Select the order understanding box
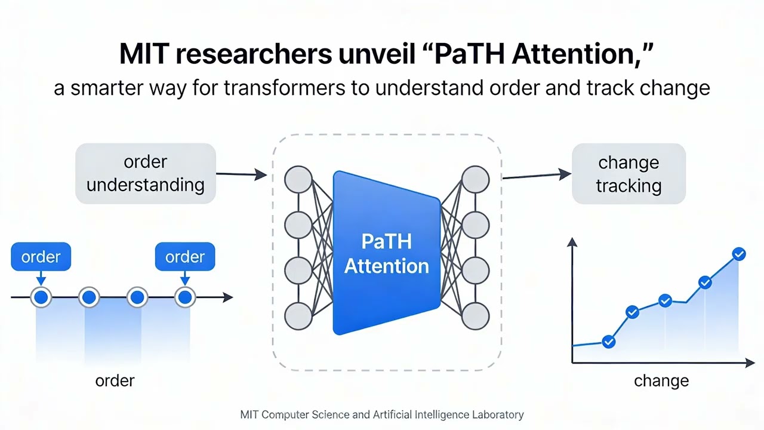click(x=145, y=173)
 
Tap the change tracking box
click(x=629, y=173)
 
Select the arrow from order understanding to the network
click(x=241, y=174)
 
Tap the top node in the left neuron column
click(x=298, y=180)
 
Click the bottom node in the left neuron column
click(x=298, y=316)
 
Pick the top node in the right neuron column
click(x=476, y=180)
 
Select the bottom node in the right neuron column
click(x=476, y=316)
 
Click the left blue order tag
click(x=41, y=257)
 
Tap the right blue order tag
click(x=184, y=257)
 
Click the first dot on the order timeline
click(x=41, y=297)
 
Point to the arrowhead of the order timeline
click(x=227, y=297)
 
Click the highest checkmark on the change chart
click(x=738, y=254)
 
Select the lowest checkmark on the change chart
click(x=609, y=342)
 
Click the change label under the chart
click(x=661, y=380)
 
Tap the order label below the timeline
click(x=115, y=380)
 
